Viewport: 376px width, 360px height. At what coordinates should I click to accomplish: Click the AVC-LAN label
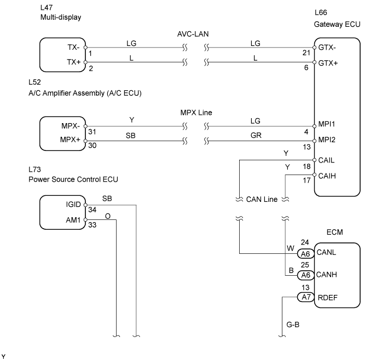click(193, 34)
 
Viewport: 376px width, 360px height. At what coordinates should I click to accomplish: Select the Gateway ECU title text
click(337, 24)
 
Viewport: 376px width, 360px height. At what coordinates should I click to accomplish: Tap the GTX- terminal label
click(327, 48)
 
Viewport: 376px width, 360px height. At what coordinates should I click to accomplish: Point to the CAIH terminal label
click(327, 176)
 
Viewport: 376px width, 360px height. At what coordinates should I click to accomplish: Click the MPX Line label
click(196, 113)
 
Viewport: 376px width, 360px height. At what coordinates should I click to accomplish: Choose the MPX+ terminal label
click(70, 140)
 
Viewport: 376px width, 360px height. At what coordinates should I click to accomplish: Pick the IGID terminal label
click(73, 205)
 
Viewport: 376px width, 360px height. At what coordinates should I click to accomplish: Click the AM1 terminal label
click(73, 220)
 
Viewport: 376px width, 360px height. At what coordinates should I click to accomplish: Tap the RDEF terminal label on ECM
click(327, 298)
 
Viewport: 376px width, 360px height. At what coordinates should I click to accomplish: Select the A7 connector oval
click(306, 297)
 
